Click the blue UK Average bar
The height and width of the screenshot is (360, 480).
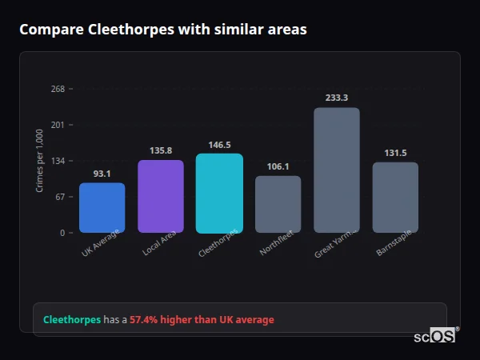tap(102, 208)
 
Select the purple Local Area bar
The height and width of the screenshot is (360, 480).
tap(161, 196)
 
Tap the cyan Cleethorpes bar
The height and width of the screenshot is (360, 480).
tap(219, 193)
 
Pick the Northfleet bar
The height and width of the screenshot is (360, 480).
tap(278, 204)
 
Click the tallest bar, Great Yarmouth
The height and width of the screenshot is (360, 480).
tap(337, 170)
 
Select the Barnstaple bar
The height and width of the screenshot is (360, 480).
tap(395, 198)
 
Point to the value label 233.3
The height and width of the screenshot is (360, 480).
tap(337, 98)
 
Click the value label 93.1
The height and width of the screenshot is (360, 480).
tap(102, 173)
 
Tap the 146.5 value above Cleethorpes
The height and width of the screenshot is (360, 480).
tap(219, 145)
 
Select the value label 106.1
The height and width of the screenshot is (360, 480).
tap(278, 166)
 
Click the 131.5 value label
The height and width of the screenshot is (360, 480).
tap(395, 153)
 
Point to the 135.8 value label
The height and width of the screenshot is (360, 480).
tap(161, 150)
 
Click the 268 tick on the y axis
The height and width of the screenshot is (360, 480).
tap(58, 89)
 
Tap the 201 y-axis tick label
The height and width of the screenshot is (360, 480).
tap(58, 125)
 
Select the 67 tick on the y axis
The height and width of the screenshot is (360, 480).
tap(60, 197)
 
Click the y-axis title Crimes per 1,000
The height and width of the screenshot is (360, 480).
tap(40, 161)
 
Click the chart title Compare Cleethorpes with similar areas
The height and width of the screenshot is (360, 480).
tap(163, 29)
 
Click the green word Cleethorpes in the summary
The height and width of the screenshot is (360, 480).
tap(72, 319)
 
